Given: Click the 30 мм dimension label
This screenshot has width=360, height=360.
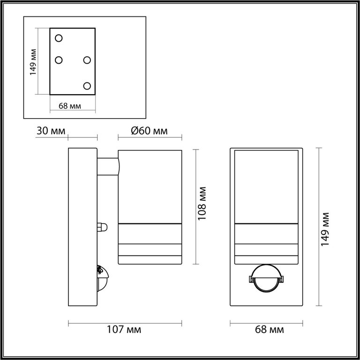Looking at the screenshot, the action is [51, 131].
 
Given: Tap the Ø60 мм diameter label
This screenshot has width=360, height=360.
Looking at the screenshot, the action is [149, 131].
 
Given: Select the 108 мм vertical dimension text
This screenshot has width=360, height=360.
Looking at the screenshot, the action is [202, 203].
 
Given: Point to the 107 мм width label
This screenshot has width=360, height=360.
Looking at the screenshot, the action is [124, 330].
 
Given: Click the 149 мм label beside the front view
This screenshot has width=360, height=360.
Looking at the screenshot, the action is [325, 230].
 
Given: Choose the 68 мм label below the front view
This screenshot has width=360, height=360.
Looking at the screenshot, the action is [270, 330].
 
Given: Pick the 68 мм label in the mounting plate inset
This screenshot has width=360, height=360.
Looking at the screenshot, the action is [70, 106].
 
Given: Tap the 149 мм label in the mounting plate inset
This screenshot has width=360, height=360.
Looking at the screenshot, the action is [33, 62].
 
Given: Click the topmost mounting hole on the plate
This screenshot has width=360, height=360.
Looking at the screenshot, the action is [59, 38].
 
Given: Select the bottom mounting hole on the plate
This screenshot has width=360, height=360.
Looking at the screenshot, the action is [87, 86].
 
